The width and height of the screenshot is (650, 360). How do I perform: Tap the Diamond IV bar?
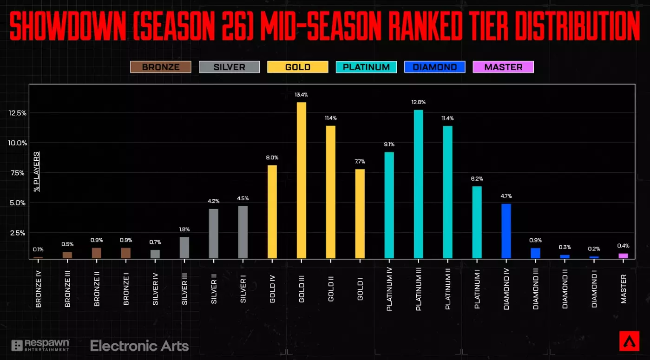click(x=506, y=231)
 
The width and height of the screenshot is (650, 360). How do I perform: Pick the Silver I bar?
click(x=243, y=232)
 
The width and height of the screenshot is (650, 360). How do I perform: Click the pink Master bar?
click(x=623, y=255)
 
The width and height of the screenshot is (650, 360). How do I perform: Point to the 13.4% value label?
click(x=301, y=95)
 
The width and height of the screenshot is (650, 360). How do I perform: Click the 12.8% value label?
click(x=418, y=102)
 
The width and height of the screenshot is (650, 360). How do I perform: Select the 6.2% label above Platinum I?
click(x=477, y=179)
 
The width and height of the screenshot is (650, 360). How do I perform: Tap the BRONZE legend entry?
click(x=160, y=67)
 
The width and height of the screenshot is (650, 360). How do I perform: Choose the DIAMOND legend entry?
click(x=434, y=67)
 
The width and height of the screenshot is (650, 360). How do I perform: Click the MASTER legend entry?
click(x=503, y=67)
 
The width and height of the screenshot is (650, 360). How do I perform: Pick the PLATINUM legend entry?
click(x=366, y=67)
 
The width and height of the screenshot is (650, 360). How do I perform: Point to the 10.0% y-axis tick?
click(x=17, y=143)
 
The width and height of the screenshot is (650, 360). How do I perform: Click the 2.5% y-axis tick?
click(x=18, y=233)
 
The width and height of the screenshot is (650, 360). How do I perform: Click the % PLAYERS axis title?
click(x=37, y=171)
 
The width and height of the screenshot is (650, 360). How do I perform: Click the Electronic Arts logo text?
click(x=139, y=346)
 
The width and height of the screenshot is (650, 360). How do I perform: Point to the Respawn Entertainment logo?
click(x=40, y=345)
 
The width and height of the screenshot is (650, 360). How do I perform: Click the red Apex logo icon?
click(x=629, y=341)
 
